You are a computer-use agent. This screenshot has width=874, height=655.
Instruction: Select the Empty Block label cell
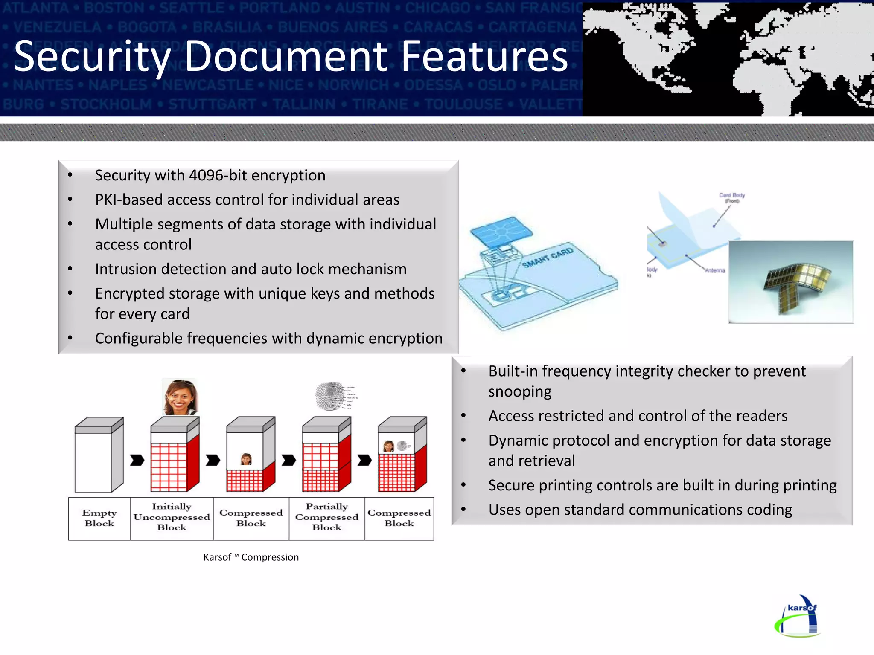point(99,518)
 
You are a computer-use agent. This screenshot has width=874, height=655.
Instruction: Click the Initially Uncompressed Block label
point(172,517)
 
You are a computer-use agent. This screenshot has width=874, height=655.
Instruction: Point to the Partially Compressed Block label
point(327,517)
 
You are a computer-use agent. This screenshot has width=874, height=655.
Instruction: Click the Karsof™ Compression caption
point(251,557)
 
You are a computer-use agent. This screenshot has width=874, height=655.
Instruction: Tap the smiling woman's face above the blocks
point(180,397)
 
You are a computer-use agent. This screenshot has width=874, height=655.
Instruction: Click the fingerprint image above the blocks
point(331,396)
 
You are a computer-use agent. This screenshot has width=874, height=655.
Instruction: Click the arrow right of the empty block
point(137,461)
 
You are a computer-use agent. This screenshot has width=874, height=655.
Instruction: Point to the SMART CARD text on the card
point(548,258)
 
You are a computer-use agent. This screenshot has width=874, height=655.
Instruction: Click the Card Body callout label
point(732,197)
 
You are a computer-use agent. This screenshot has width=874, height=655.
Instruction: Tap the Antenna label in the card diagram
point(715,270)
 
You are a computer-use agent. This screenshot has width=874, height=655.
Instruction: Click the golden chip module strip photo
point(791,282)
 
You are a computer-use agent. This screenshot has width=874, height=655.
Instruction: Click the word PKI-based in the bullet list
point(128,200)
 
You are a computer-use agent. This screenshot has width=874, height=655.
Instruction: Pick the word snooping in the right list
point(520,391)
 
